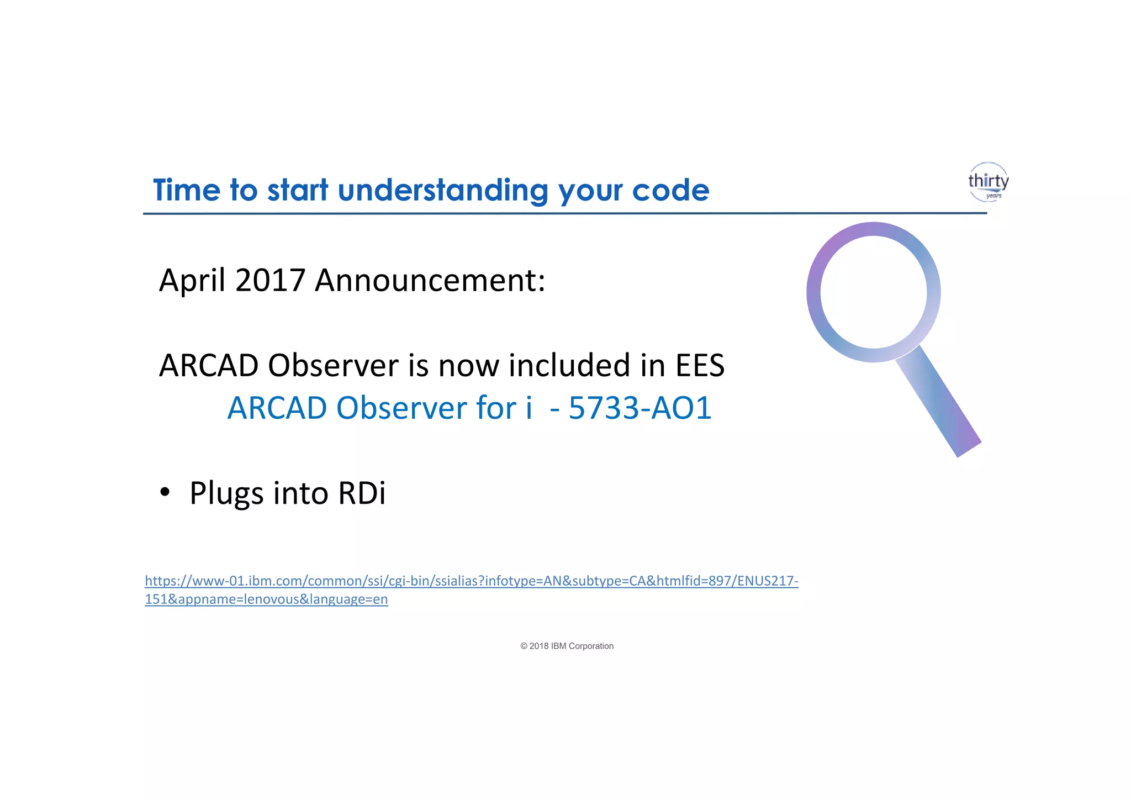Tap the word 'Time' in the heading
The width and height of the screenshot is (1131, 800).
tap(186, 191)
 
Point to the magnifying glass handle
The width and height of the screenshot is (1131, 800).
tap(939, 402)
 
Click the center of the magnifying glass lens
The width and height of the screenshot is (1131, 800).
tap(873, 292)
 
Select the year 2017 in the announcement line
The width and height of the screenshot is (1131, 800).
tap(270, 280)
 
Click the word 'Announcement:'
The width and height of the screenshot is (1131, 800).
tap(430, 280)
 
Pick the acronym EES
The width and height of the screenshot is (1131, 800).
tap(700, 365)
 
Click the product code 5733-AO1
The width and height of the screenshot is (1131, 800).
tap(640, 408)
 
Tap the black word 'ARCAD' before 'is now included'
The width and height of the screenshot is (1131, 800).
tap(209, 365)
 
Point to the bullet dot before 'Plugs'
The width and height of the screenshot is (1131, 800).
tap(165, 492)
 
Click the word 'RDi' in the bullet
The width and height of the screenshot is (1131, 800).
tap(361, 493)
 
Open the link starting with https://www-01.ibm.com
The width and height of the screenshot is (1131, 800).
tap(471, 581)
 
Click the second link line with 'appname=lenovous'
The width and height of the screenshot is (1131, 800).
tap(266, 599)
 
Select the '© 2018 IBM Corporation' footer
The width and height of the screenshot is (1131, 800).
tap(567, 646)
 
